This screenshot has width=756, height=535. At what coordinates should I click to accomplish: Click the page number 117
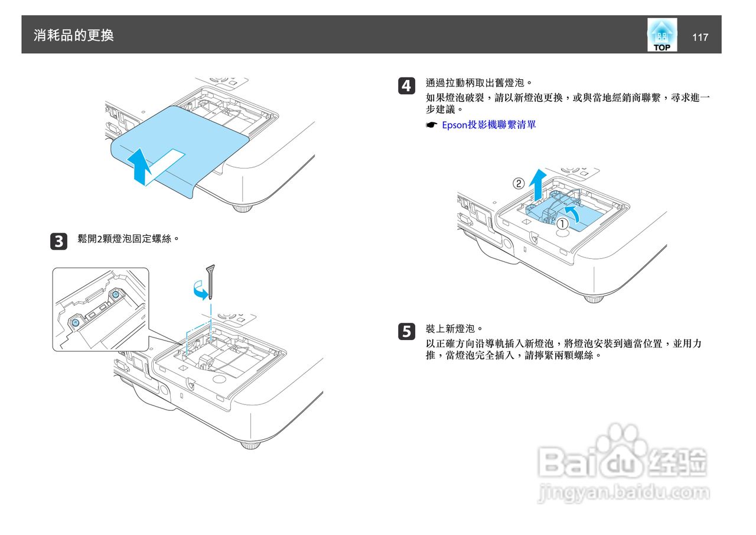(x=700, y=37)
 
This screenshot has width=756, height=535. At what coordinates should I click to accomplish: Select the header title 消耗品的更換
(x=74, y=35)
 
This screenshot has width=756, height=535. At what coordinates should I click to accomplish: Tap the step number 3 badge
(x=59, y=241)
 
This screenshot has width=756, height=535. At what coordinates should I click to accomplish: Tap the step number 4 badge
(x=406, y=86)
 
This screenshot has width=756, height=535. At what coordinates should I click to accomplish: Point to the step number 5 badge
(x=406, y=332)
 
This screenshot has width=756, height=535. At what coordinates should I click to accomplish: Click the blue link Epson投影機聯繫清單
(x=489, y=125)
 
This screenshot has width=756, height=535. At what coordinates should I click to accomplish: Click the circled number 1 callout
(x=563, y=223)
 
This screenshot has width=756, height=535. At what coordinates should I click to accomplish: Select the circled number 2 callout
(x=518, y=183)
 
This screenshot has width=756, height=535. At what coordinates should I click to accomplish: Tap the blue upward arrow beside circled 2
(x=536, y=183)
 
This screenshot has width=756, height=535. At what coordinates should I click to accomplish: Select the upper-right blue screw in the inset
(x=116, y=294)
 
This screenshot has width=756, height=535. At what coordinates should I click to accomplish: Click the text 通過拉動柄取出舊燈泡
(x=479, y=83)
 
